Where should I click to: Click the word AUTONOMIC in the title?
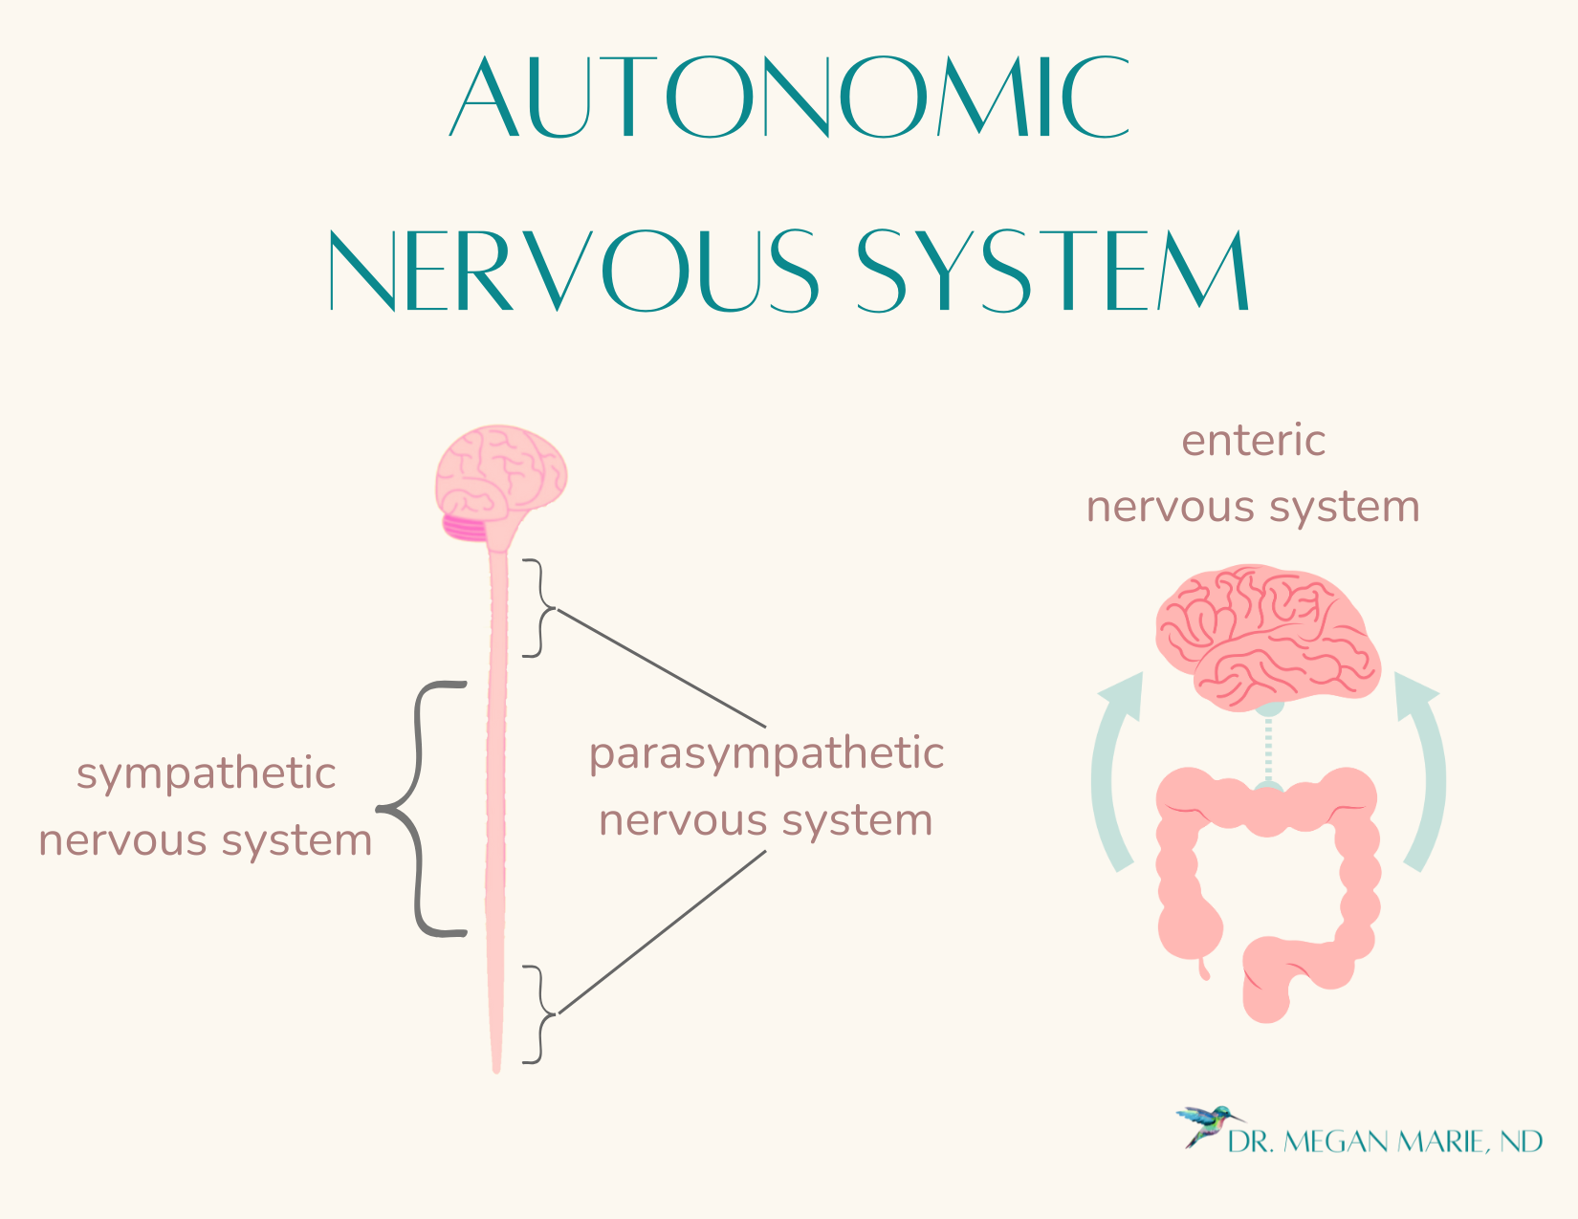point(790,98)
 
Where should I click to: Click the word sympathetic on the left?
point(206,774)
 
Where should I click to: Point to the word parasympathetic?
point(766,753)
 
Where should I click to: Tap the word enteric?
point(1253,442)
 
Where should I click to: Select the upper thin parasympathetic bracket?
point(539,608)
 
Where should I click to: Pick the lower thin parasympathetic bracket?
point(539,1013)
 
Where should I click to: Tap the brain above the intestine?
point(1267,636)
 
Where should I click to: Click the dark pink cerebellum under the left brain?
point(465,527)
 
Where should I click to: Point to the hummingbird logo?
point(1207,1124)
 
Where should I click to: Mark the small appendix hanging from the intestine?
point(1203,968)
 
